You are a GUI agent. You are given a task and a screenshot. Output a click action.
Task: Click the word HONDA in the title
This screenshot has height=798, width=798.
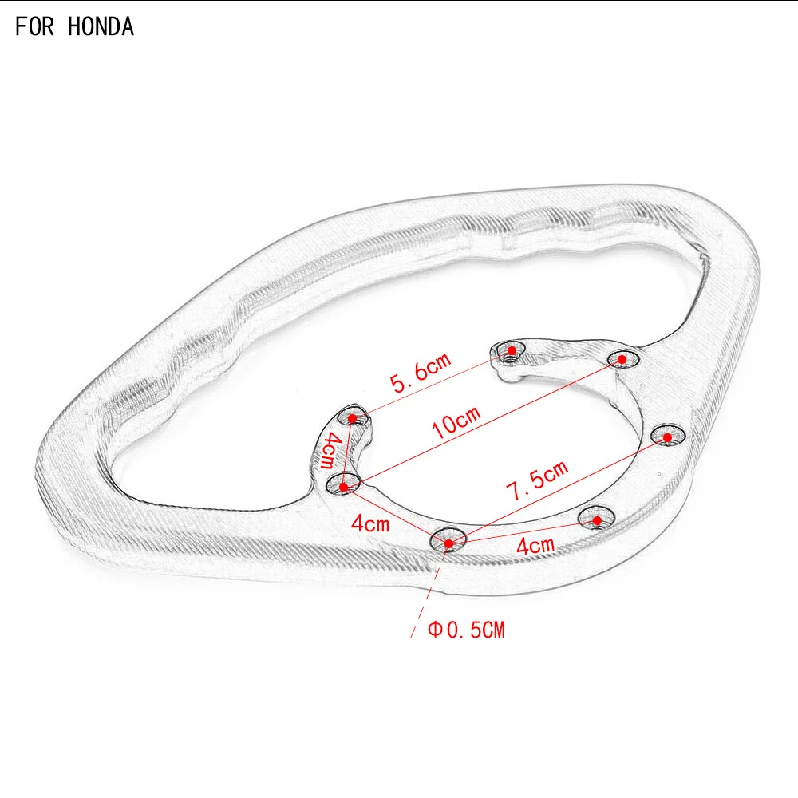pyautogui.click(x=101, y=27)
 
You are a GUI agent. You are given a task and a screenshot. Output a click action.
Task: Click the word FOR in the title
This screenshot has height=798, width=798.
pyautogui.click(x=34, y=27)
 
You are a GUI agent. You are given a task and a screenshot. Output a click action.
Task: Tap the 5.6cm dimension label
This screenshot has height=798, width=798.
pyautogui.click(x=421, y=372)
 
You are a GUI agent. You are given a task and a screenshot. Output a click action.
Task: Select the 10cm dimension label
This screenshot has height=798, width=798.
pyautogui.click(x=456, y=422)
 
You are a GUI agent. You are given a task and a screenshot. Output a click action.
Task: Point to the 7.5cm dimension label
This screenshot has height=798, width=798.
pyautogui.click(x=537, y=480)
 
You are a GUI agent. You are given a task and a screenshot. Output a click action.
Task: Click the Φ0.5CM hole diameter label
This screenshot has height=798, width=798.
pyautogui.click(x=466, y=630)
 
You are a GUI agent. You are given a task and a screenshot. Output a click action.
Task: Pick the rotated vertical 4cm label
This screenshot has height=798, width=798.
pyautogui.click(x=328, y=450)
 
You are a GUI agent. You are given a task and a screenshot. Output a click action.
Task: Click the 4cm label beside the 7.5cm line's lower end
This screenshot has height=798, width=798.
pyautogui.click(x=535, y=546)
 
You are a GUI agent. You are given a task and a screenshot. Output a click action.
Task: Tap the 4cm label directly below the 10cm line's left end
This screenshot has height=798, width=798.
pyautogui.click(x=370, y=523)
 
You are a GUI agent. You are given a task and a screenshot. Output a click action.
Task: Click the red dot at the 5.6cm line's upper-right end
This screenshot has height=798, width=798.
pyautogui.click(x=512, y=350)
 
